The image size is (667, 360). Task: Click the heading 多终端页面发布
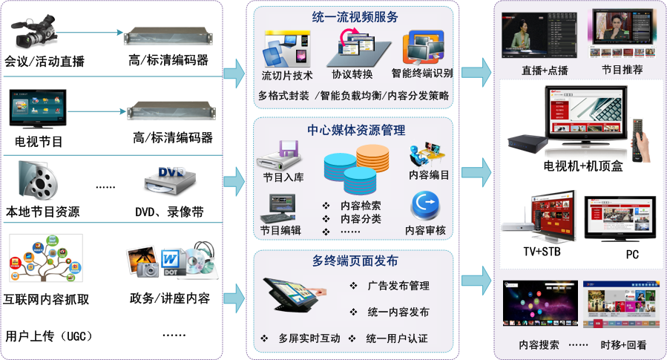(x=355, y=261)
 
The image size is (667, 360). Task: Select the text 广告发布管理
(x=398, y=286)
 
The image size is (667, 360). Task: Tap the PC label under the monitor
(x=632, y=255)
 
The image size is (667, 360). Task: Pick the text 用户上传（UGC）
(x=49, y=336)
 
